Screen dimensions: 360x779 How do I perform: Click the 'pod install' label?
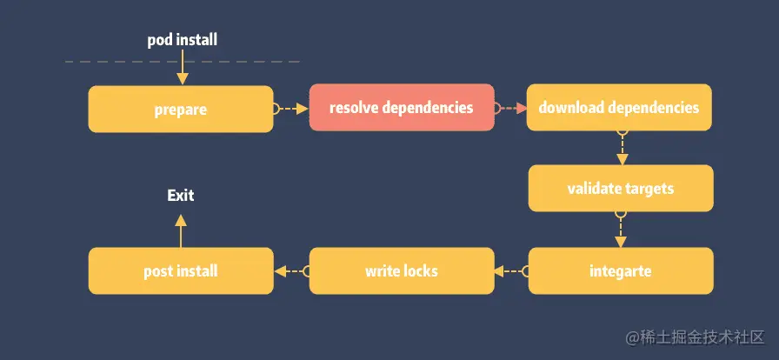(x=181, y=40)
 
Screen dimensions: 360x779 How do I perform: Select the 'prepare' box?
(x=181, y=109)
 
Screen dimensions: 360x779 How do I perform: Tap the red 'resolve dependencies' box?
(x=401, y=108)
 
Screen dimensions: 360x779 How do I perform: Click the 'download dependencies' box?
(x=619, y=108)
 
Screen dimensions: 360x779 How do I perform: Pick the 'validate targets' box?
(x=620, y=188)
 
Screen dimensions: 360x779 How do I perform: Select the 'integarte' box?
(x=620, y=270)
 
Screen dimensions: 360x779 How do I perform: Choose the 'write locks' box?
(x=401, y=270)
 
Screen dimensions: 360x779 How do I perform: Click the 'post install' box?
(x=181, y=270)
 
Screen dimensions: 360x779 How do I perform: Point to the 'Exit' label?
(x=181, y=196)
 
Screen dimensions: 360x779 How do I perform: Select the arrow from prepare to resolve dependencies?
(x=291, y=109)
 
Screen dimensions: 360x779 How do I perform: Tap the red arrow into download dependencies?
(x=511, y=109)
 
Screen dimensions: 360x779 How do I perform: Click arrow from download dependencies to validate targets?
(x=621, y=148)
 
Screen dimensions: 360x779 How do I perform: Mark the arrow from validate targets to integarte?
(x=620, y=230)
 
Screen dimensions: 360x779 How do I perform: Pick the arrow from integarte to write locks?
(x=511, y=271)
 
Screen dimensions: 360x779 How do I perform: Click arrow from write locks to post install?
(x=291, y=271)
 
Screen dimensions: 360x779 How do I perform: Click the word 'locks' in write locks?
(x=420, y=270)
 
